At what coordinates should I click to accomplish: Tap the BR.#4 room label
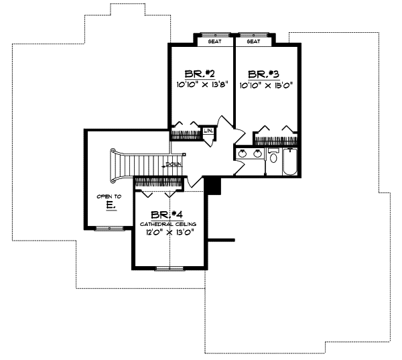coord(166,215)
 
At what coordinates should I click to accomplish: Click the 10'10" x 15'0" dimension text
coord(267,86)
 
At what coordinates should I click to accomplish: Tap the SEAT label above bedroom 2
coord(215,41)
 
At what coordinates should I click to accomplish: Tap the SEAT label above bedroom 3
coord(253,41)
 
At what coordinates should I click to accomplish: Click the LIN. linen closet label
coord(208,130)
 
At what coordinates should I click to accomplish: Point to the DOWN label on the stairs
coord(174,164)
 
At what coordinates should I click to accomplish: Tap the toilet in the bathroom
coord(273,157)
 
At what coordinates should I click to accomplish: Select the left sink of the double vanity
coord(243,154)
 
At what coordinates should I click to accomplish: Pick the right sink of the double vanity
coord(257,154)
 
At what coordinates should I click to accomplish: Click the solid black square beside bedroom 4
coord(213,185)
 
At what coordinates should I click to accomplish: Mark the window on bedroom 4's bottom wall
coord(170,268)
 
